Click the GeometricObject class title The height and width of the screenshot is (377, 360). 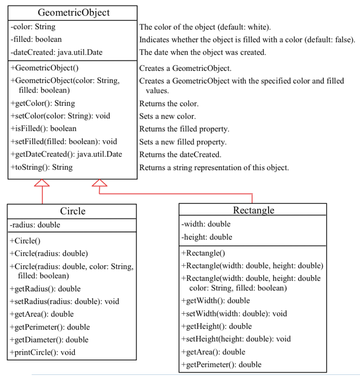(x=73, y=13)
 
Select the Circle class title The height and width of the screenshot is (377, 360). (x=73, y=211)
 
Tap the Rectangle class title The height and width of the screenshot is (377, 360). (x=253, y=210)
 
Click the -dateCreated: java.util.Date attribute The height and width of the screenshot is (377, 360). (x=57, y=53)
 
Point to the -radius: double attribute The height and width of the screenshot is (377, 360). (x=35, y=225)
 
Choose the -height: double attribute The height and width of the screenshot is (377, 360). (x=207, y=237)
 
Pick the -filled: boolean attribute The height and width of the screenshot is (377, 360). (x=36, y=39)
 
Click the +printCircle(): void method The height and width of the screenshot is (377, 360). (x=43, y=353)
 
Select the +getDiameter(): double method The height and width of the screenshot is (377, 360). (x=49, y=340)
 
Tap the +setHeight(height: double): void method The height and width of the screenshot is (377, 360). (x=236, y=339)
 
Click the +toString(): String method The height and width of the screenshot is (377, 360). (x=42, y=167)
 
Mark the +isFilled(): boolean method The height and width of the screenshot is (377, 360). (x=44, y=128)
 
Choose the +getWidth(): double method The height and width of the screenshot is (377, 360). (x=216, y=301)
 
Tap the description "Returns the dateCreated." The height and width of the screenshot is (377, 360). (x=180, y=155)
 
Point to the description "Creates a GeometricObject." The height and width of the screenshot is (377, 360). (x=185, y=68)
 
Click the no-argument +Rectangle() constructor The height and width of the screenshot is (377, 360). (x=203, y=253)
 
